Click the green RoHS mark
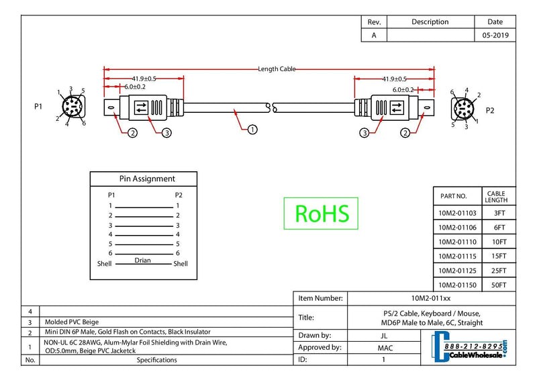321,213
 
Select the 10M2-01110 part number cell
457,242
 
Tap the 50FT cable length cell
499,285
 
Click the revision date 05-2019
495,36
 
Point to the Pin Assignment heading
147,179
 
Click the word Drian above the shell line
142,260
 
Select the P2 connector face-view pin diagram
464,109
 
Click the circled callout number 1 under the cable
252,130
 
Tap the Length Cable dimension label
277,69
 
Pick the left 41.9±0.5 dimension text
144,79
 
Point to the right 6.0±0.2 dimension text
403,90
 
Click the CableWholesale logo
469,346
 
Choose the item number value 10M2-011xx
431,298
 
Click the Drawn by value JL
384,336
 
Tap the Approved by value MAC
385,348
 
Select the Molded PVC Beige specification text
72,322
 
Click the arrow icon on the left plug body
141,107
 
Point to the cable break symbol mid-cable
272,107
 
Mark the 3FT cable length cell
499,213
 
